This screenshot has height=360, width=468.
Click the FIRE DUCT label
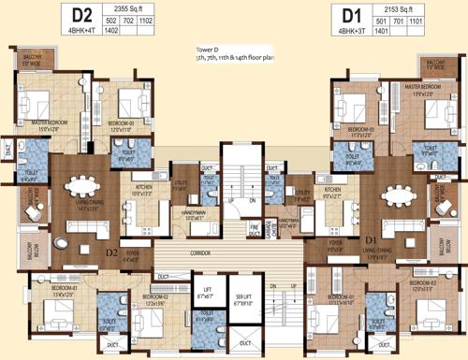click(254, 226)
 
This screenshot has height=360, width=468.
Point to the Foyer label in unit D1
click(334, 248)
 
